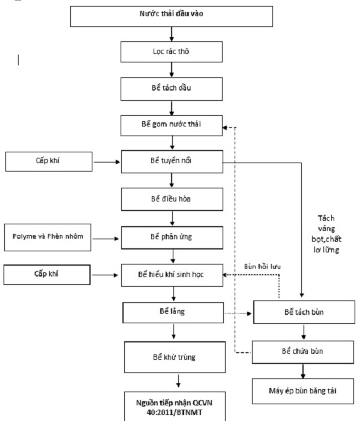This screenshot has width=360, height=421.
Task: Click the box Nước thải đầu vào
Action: tap(172, 16)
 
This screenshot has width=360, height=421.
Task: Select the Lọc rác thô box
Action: tap(172, 52)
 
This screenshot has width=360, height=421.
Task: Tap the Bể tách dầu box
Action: tap(172, 89)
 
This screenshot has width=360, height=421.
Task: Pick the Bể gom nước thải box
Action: tap(172, 125)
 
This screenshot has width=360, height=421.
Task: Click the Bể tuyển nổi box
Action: tap(172, 161)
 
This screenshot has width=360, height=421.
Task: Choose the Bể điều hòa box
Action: tap(172, 199)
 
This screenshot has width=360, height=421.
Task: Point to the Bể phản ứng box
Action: tap(172, 237)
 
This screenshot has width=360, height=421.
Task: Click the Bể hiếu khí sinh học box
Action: tap(172, 275)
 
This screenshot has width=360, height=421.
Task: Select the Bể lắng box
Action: tap(173, 313)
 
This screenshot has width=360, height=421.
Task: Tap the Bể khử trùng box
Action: tap(175, 357)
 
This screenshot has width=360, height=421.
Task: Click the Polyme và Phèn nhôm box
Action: tap(47, 237)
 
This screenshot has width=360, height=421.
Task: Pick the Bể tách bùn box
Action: tap(304, 312)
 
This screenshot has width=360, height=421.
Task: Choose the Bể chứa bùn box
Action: tap(303, 352)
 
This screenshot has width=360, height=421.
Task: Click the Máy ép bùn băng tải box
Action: tap(303, 391)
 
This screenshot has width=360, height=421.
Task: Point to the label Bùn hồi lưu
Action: tap(262, 266)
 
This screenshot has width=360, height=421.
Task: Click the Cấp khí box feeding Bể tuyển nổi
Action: tap(49, 161)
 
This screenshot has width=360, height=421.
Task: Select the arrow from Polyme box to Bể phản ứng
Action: tap(106, 239)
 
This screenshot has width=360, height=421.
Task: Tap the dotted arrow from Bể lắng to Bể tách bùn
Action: tap(238, 313)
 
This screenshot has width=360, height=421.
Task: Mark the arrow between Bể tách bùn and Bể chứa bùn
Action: tap(304, 332)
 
